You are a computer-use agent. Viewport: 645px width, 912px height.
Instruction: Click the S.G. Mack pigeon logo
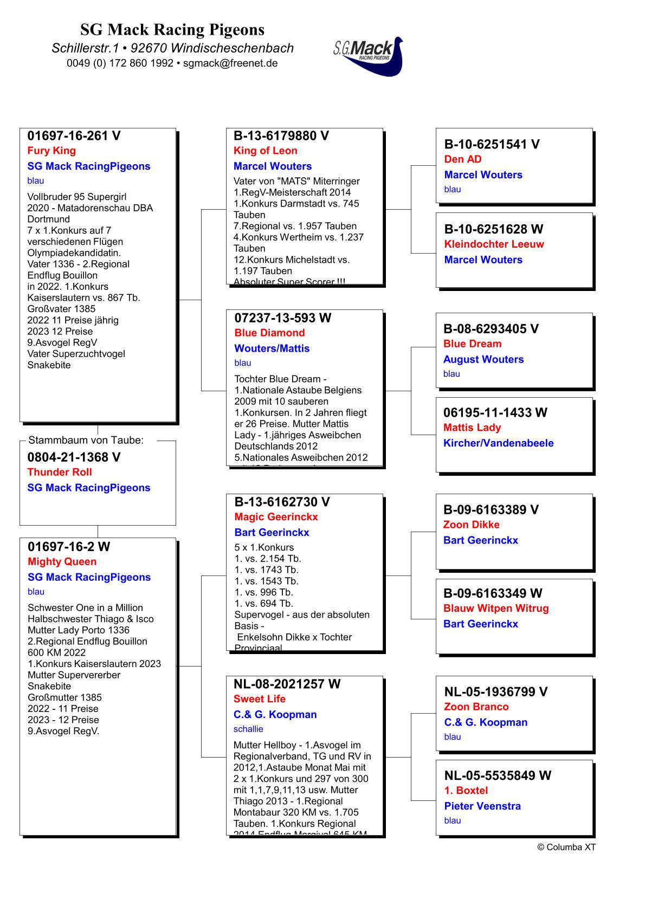[x=369, y=56]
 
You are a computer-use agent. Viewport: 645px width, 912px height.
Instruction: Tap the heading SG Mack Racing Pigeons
[x=172, y=29]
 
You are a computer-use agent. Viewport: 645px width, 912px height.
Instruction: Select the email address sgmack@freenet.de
[x=230, y=63]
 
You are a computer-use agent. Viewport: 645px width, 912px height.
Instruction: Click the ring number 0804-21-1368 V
[x=74, y=457]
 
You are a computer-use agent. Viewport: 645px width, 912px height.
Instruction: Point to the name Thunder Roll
[x=60, y=472]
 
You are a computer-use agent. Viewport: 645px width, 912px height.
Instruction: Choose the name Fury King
[x=51, y=151]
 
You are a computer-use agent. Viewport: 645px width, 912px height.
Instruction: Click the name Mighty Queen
[x=62, y=561]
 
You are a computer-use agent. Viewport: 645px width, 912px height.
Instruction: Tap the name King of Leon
[x=265, y=151]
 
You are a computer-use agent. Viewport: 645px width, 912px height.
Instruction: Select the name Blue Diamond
[x=269, y=333]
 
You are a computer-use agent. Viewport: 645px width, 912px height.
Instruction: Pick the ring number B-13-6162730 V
[x=282, y=502]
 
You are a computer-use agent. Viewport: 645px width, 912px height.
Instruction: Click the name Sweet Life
[x=259, y=699]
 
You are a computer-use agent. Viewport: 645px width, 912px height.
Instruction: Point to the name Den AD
[x=462, y=159]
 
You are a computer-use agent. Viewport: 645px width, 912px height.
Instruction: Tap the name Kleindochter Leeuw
[x=494, y=244]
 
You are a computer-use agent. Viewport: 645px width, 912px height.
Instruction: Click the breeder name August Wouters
[x=483, y=359]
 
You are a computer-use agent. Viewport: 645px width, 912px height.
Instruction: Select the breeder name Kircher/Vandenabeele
[x=498, y=443]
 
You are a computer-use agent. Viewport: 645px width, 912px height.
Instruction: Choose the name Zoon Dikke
[x=471, y=525]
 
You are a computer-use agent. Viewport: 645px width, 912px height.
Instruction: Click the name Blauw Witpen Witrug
[x=495, y=609]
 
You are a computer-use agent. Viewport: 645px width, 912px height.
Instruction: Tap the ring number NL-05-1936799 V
[x=495, y=692]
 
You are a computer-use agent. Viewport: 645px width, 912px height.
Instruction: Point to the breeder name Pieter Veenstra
[x=482, y=806]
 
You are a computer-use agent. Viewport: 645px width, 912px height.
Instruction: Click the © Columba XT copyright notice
[x=566, y=848]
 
